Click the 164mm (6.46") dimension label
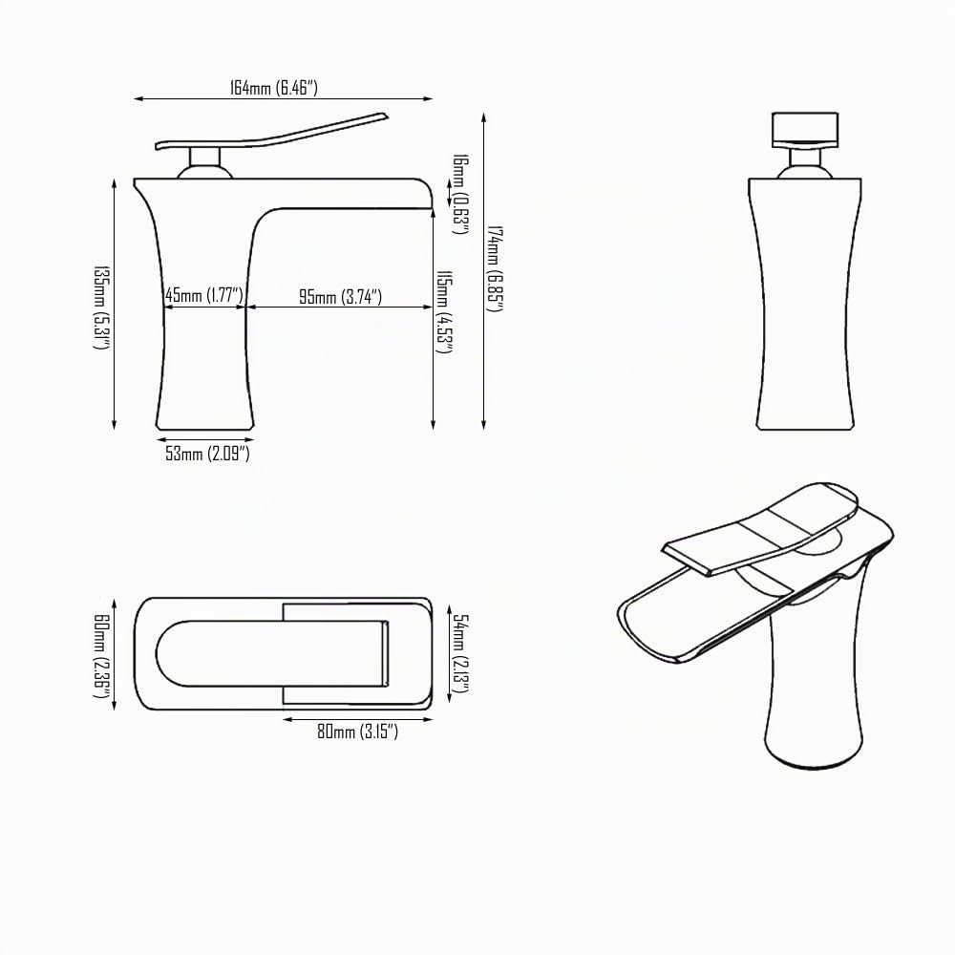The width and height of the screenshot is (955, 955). pyautogui.click(x=273, y=88)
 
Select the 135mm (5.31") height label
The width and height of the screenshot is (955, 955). pyautogui.click(x=100, y=307)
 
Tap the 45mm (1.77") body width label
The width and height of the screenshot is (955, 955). pyautogui.click(x=204, y=295)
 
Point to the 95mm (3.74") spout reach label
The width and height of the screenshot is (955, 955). pyautogui.click(x=340, y=297)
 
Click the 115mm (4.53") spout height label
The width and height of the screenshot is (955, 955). pyautogui.click(x=445, y=312)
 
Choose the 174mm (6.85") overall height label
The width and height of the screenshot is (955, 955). pyautogui.click(x=494, y=268)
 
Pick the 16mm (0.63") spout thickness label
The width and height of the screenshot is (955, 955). pyautogui.click(x=460, y=194)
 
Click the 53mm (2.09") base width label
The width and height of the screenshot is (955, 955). pyautogui.click(x=207, y=453)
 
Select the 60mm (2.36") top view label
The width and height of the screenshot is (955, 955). pyautogui.click(x=100, y=655)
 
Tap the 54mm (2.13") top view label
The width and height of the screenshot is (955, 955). pyautogui.click(x=460, y=653)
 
